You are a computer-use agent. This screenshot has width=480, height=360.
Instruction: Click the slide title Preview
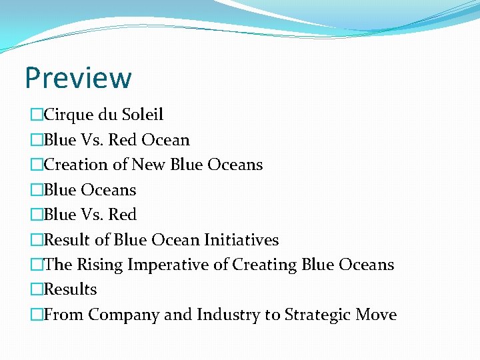tap(78, 78)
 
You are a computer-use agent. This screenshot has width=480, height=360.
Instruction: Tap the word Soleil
tap(143, 115)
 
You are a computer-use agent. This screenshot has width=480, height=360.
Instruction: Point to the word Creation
tap(75, 165)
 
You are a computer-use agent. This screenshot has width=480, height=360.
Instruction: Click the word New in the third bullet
tap(149, 165)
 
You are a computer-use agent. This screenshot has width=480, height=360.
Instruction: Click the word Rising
tap(100, 265)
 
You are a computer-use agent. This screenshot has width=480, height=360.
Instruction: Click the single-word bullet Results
tap(70, 289)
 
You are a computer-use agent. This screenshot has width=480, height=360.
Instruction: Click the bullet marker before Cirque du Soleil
tap(37, 115)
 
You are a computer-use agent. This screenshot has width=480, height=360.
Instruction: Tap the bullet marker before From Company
tap(37, 315)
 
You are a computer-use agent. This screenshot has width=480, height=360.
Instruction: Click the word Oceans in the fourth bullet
tap(109, 190)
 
